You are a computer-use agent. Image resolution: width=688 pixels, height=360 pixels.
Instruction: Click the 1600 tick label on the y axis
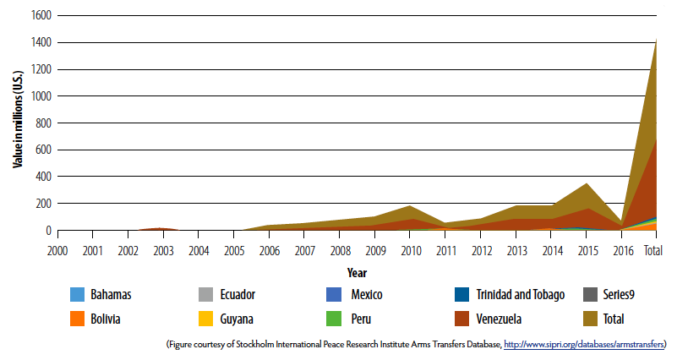tap(41, 16)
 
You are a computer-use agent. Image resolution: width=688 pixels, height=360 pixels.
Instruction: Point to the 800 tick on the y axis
tap(43, 123)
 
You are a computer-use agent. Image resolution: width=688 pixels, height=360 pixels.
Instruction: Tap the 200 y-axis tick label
tap(43, 204)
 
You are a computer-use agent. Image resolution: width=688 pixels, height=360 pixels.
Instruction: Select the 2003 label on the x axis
tap(163, 251)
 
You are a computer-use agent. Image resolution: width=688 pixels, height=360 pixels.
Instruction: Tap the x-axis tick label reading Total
tap(653, 251)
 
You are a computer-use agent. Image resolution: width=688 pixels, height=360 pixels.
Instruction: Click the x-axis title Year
tap(356, 273)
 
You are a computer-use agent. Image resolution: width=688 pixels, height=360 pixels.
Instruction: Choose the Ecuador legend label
tap(238, 295)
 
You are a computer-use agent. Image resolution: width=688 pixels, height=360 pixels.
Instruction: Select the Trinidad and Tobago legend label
tap(516, 295)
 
